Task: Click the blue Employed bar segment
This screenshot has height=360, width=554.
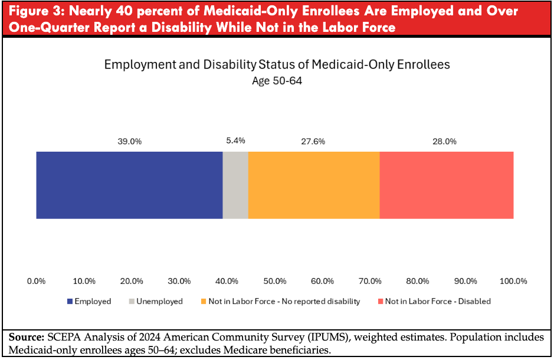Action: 129,185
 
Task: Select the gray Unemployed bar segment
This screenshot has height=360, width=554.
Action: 235,185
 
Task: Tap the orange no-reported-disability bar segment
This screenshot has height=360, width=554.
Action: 314,185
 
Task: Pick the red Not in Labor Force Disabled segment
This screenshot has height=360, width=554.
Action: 446,185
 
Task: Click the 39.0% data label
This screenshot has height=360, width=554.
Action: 130,142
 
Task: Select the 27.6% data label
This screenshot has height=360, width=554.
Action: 313,142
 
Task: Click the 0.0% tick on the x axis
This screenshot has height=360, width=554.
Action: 37,281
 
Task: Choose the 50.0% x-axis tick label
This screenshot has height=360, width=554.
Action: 275,281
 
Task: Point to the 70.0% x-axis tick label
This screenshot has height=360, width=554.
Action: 370,281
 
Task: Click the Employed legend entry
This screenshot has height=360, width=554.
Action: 89,302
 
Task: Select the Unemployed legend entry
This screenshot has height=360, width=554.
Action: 155,302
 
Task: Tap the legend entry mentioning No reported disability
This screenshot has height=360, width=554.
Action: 280,302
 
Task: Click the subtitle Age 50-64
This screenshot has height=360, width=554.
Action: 277,81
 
